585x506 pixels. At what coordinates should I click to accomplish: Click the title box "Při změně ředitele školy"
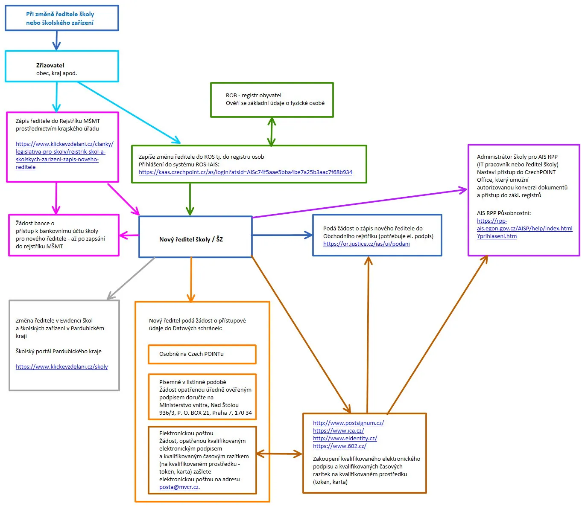coord(61,18)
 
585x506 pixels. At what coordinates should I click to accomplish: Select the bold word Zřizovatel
coord(50,65)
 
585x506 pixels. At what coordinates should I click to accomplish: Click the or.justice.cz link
coord(366,244)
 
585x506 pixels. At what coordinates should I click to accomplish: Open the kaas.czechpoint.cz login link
coord(246,172)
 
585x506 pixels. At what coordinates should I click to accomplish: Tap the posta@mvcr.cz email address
coord(179,487)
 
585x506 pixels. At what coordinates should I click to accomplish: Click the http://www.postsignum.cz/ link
coord(348,423)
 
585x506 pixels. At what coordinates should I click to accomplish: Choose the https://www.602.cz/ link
coord(339,446)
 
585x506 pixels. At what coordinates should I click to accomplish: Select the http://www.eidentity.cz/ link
coord(345,439)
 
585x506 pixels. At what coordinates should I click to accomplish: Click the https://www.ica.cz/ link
coord(338,430)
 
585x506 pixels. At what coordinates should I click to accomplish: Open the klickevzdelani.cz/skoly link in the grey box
coord(61,366)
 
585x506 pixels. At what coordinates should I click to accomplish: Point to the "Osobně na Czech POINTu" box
coord(202,354)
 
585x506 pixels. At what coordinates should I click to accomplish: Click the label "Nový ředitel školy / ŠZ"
coord(191,239)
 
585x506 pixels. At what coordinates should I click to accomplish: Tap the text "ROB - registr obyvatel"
coord(253,95)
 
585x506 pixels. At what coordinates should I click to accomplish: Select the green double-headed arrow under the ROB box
coord(272,131)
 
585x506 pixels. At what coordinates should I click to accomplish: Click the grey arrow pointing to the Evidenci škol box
coord(131,278)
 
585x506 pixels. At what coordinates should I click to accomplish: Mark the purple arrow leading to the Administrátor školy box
coord(360,204)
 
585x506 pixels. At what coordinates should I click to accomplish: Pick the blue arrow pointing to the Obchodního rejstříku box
coord(282,235)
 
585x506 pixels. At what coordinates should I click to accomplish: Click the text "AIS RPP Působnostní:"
coord(504,213)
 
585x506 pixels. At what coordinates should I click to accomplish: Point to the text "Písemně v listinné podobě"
coord(193,382)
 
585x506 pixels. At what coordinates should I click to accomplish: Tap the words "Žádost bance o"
coord(35,223)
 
